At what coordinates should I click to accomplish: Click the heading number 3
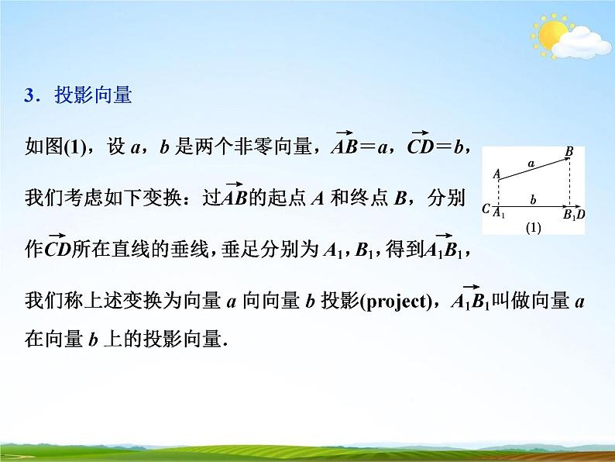coord(31,96)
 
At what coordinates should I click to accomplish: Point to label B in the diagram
coord(569,152)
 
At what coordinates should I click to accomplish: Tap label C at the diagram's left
coord(485,209)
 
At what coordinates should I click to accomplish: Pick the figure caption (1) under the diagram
coord(532,228)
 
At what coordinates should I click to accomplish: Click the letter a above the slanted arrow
coord(531,163)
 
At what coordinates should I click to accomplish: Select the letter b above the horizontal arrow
coord(533,200)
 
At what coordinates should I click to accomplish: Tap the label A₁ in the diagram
coord(500,213)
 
